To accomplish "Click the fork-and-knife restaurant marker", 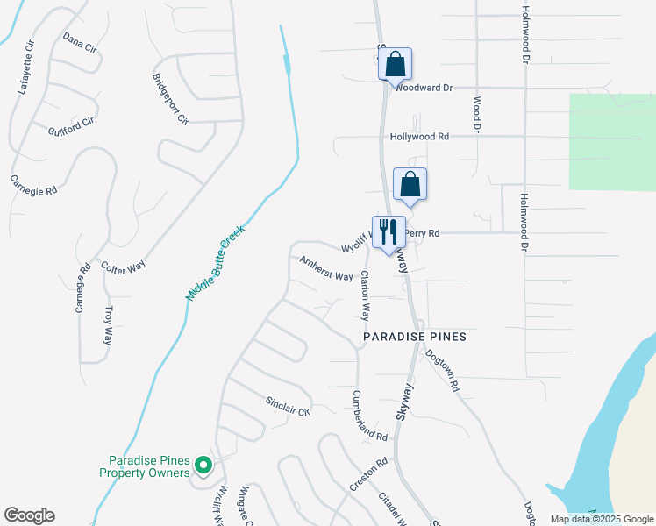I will click(x=389, y=232).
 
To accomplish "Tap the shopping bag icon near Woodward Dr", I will click(x=395, y=64).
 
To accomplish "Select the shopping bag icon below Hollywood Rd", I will click(x=410, y=185).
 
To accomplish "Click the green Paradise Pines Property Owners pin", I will click(x=203, y=465).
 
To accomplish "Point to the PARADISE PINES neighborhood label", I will click(x=415, y=337).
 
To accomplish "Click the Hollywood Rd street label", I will click(x=419, y=137).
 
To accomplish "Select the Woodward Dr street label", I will click(x=424, y=88).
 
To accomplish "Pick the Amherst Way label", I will click(x=326, y=269).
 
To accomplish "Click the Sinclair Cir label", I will click(x=289, y=407).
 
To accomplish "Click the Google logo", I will click(x=29, y=515).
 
